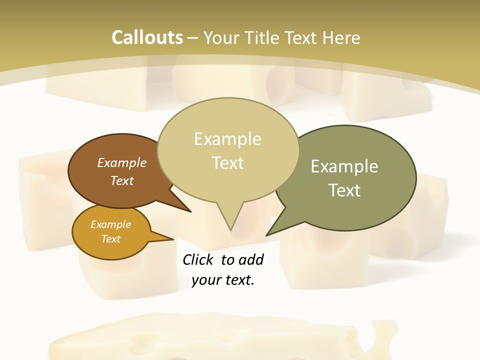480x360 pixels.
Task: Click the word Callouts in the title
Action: [x=147, y=37]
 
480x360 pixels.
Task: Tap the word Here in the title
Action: [x=341, y=37]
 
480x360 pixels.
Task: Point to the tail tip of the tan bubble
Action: [x=230, y=229]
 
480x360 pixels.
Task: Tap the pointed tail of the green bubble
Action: [x=268, y=234]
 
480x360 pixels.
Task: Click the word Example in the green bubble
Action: [x=344, y=166]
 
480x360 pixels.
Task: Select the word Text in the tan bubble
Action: [x=228, y=163]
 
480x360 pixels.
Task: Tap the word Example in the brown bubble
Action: [x=122, y=162]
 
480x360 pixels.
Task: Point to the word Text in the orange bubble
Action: [x=111, y=239]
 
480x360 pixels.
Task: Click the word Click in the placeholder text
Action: [x=198, y=259]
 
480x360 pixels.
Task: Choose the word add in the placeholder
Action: [x=251, y=259]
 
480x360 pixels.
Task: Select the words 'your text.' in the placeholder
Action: [x=223, y=280]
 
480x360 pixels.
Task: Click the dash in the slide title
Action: [x=193, y=38]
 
